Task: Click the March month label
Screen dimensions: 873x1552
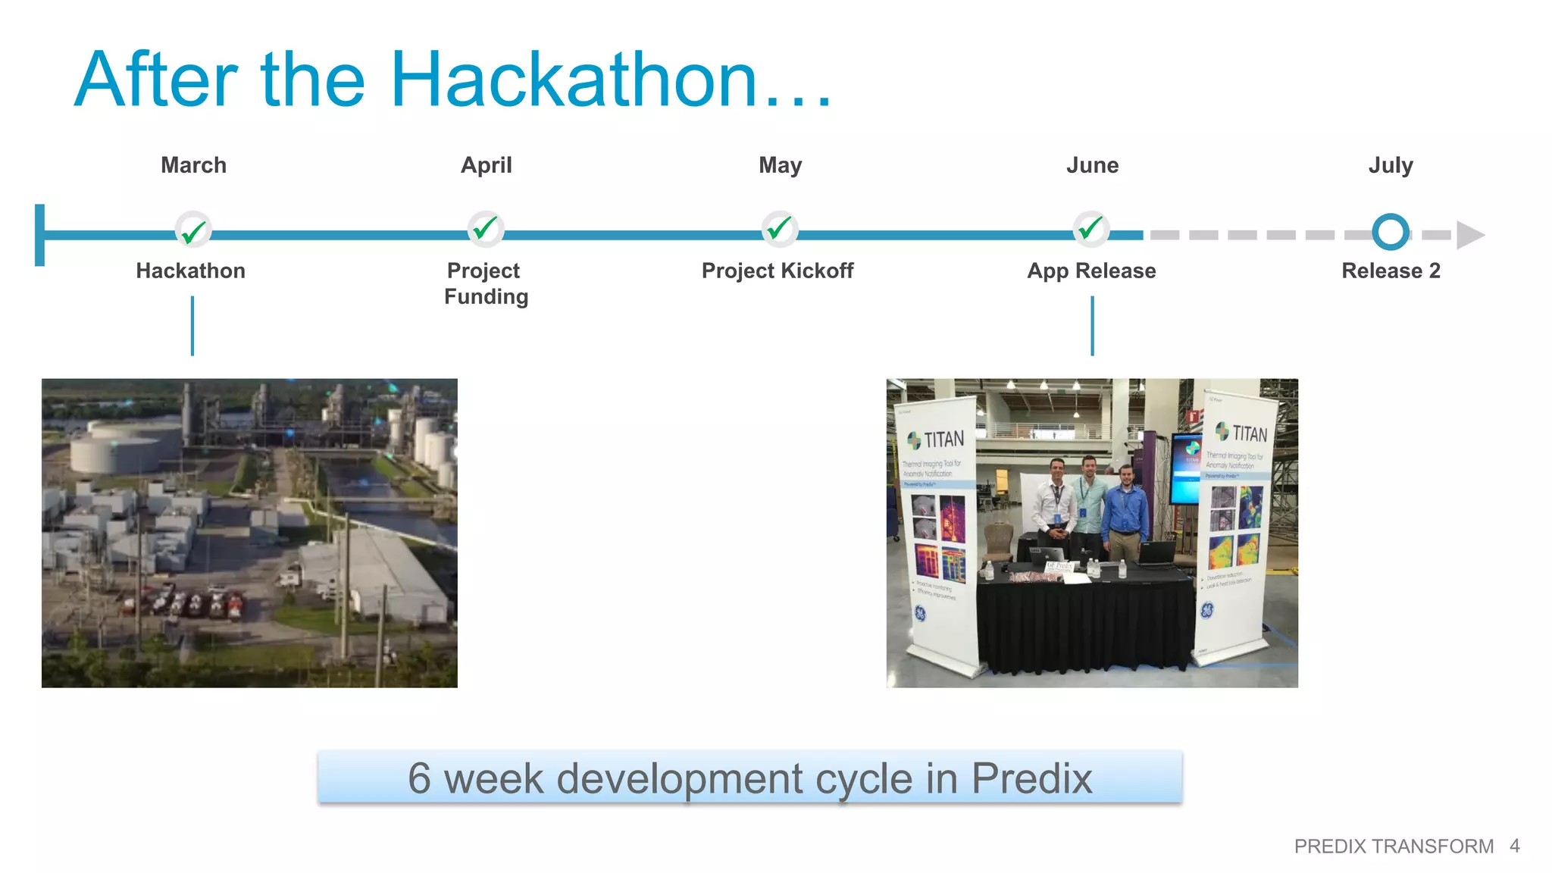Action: [x=193, y=165]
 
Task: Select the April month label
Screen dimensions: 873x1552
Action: [x=487, y=165]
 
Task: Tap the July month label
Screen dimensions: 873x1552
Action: [x=1391, y=165]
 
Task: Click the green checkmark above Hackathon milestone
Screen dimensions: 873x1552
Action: [x=193, y=230]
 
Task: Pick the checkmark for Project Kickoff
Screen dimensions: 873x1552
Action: [x=779, y=229]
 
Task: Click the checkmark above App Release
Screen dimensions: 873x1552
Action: [x=1091, y=228]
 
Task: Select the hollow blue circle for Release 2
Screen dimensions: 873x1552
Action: [x=1391, y=232]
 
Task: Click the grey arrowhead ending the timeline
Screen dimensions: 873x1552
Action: [x=1469, y=235]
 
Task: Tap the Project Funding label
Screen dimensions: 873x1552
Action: [x=486, y=283]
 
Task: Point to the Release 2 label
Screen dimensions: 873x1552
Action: [x=1391, y=271]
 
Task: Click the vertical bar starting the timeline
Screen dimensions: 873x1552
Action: [x=40, y=235]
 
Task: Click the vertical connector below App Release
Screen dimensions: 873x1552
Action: [x=1092, y=326]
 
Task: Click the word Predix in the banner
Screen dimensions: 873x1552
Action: [x=1031, y=778]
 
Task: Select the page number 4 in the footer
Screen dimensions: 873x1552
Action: [x=1514, y=846]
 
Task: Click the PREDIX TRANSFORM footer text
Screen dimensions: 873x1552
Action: [x=1394, y=846]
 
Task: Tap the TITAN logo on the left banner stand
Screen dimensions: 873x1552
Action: [x=936, y=440]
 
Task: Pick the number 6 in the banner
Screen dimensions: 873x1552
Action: [x=419, y=778]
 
